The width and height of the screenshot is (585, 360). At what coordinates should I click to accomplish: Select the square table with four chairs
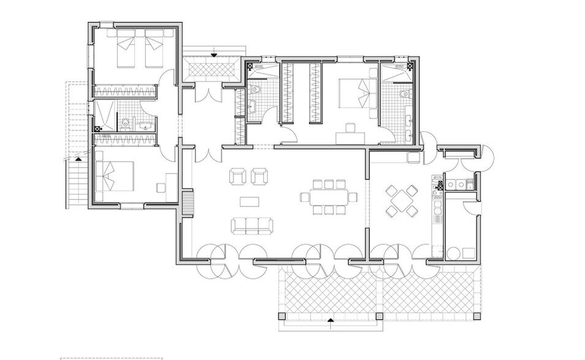pos(401,201)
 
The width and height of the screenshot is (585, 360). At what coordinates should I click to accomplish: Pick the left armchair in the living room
pos(237,177)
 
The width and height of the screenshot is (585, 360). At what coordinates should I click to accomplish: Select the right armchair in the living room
pos(260,177)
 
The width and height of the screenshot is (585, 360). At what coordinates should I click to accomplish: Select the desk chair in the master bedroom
pos(350,127)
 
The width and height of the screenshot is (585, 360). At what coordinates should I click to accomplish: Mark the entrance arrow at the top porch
pos(214,56)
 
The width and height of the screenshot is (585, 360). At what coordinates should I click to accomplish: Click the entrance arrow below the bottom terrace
pos(330,319)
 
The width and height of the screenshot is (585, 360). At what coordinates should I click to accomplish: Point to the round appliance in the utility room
pos(453,253)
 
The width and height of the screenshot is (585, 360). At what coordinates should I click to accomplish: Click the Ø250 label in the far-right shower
pos(399,66)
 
